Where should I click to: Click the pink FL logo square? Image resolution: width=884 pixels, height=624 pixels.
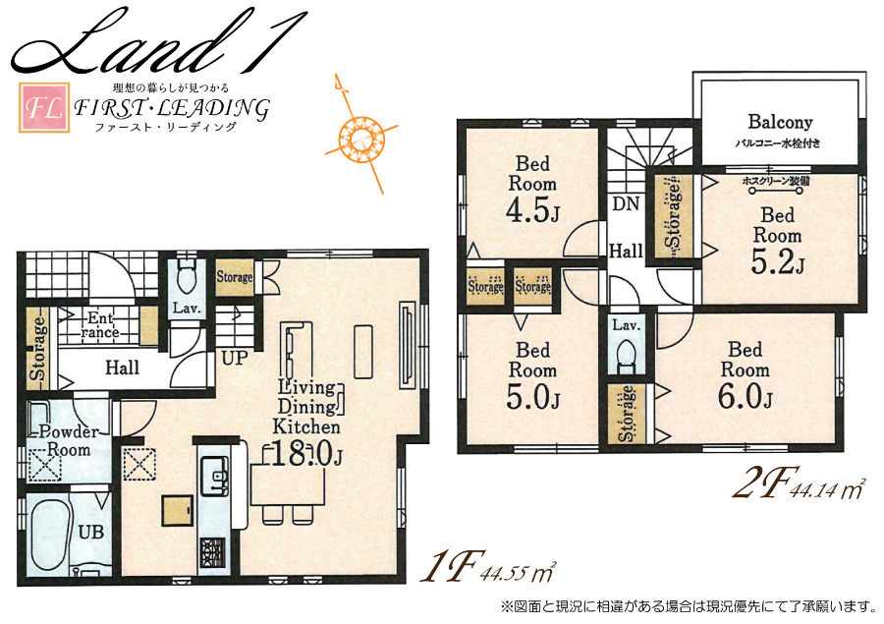pos(44,108)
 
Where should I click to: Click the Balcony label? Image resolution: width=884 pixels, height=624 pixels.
pos(780,122)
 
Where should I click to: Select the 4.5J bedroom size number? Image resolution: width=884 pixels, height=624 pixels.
pos(532,211)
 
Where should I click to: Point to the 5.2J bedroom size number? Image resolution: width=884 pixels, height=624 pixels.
pos(778,261)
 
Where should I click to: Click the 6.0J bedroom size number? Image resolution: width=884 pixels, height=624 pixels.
pos(745,397)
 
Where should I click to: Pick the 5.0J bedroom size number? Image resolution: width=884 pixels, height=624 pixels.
pos(532,398)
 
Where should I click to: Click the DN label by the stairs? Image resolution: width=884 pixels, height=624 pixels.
pos(626,203)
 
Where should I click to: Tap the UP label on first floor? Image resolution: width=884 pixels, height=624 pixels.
pos(235,358)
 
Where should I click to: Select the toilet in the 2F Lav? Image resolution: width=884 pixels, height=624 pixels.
pos(627,356)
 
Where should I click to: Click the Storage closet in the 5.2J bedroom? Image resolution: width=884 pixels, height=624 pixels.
pos(673,216)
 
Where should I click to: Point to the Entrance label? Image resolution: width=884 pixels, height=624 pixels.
pos(100,325)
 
